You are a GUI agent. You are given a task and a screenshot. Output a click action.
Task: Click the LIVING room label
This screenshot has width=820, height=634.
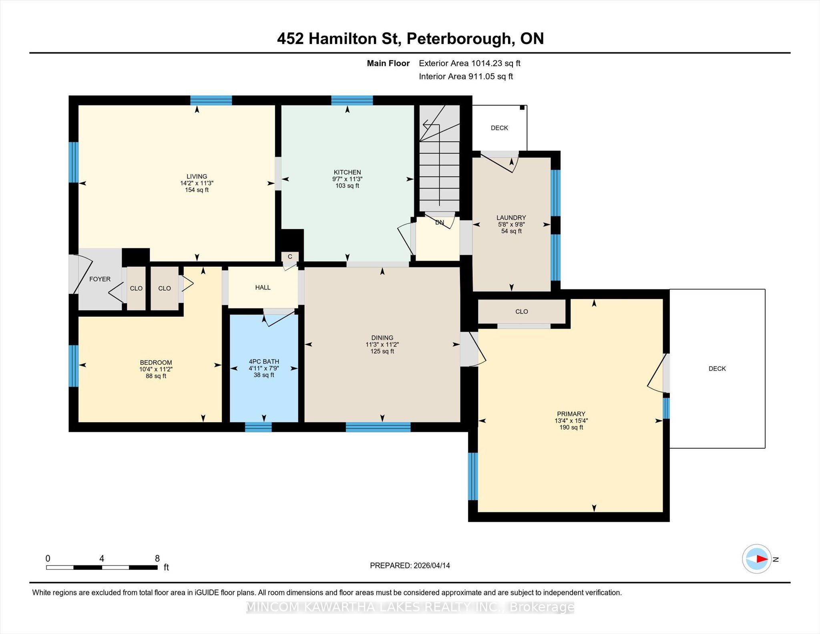[197, 176]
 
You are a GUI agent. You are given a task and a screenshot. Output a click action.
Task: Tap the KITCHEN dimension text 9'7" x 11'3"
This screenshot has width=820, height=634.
[347, 179]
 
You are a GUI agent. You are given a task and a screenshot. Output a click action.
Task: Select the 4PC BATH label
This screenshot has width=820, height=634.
[264, 362]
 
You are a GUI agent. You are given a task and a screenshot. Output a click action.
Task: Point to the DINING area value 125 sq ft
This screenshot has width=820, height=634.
[382, 351]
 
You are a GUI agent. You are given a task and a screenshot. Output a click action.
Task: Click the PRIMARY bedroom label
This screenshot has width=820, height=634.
[571, 414]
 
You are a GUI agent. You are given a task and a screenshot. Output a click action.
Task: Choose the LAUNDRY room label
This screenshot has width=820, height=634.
[511, 217]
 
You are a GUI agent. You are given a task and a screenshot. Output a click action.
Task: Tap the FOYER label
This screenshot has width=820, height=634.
[100, 279]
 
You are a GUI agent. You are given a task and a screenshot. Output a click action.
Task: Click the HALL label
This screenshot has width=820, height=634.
[263, 288]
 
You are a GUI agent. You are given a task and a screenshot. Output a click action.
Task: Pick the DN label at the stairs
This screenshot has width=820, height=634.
[440, 222]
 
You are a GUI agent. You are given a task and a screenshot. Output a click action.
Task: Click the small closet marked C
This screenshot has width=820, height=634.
[290, 257]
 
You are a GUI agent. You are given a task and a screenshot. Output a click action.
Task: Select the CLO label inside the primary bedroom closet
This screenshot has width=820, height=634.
[522, 312]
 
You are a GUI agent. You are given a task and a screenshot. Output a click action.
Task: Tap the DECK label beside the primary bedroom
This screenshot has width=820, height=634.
[717, 368]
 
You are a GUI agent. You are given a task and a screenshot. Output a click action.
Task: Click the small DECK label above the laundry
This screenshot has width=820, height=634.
[499, 128]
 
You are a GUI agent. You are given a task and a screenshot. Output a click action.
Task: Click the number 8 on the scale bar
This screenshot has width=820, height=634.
[157, 558]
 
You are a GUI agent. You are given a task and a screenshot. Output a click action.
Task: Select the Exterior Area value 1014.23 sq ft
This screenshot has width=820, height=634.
[496, 63]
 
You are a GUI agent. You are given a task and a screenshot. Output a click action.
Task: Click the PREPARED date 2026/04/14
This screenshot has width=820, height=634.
[432, 566]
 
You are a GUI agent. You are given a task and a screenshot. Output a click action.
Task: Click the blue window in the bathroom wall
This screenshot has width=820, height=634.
[258, 427]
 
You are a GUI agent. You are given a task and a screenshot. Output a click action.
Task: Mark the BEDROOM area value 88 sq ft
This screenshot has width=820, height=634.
[156, 376]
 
